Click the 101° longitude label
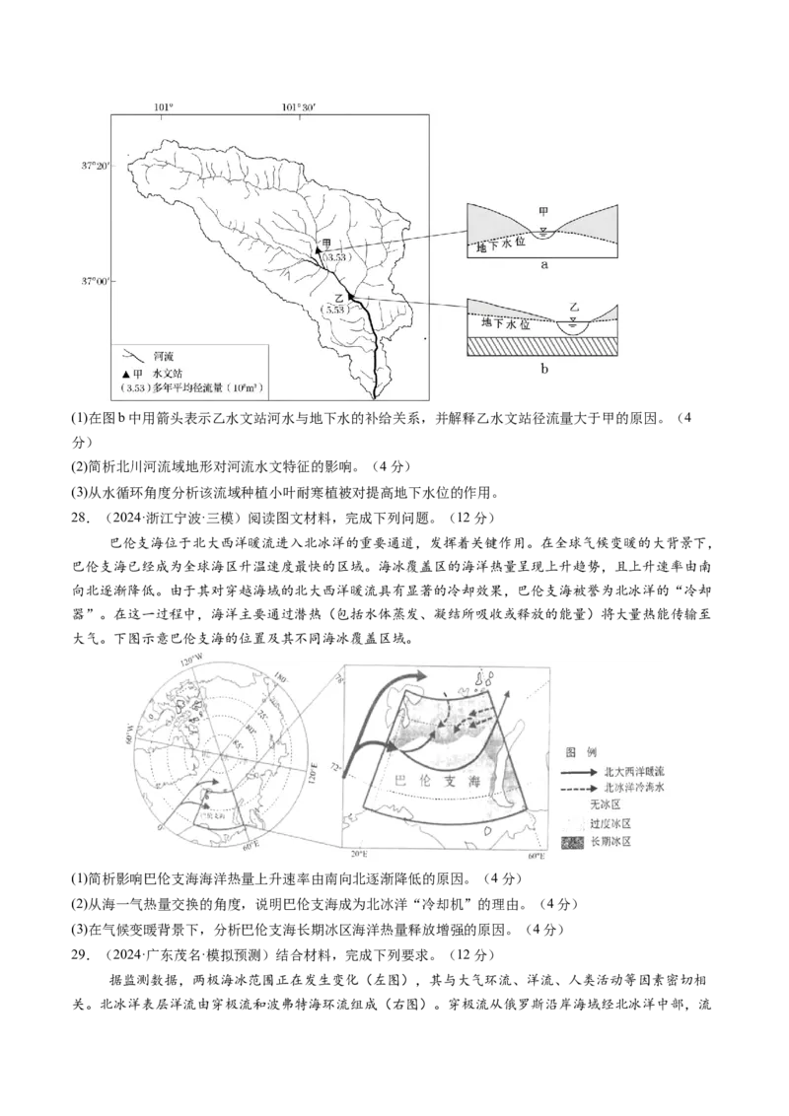point(164,106)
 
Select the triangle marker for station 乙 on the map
point(350,296)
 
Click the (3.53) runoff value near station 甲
point(333,258)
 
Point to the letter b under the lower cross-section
point(544,369)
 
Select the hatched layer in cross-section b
point(542,346)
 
